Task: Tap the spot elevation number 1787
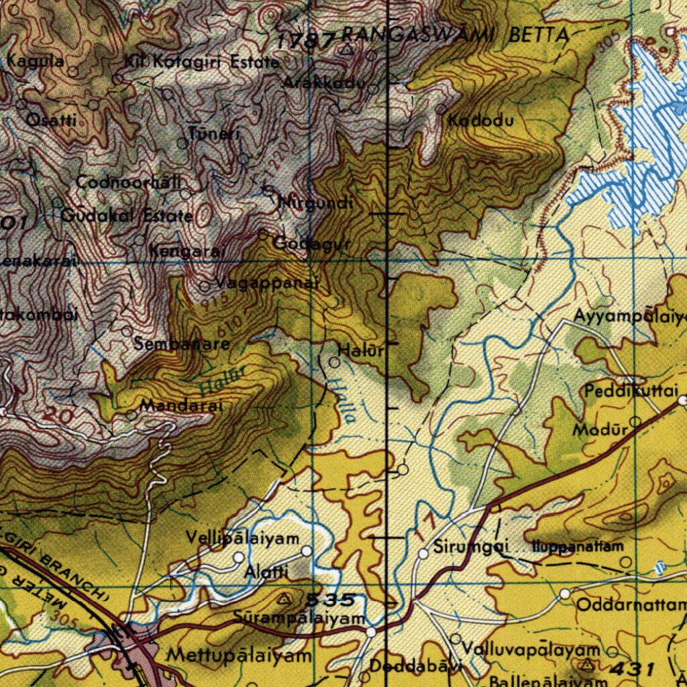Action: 305,41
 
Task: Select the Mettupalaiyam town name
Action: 240,655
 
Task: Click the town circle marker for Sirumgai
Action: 423,553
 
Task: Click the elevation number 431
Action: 632,668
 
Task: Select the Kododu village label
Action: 481,121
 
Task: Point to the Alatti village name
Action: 266,572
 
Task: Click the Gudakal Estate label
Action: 127,216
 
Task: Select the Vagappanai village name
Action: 266,284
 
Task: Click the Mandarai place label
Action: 180,405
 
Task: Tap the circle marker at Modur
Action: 635,421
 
